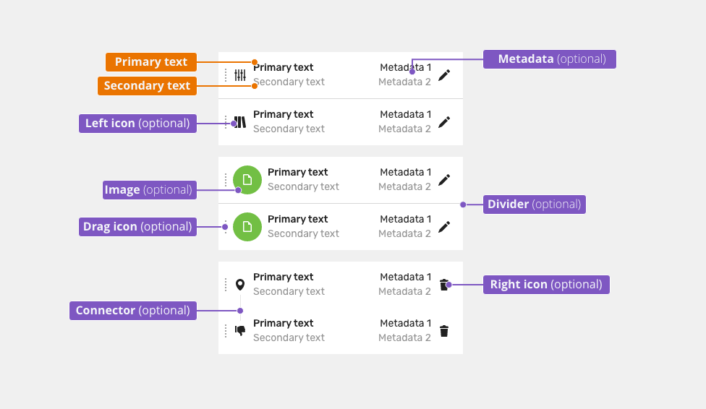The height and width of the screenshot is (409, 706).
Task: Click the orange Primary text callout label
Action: click(x=151, y=62)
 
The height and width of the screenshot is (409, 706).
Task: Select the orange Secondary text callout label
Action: click(x=148, y=85)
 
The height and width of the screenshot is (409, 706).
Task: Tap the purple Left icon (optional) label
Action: click(x=137, y=124)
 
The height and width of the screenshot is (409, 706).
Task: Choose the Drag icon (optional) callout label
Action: click(x=137, y=226)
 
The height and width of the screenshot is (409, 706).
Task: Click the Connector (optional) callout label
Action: click(x=133, y=311)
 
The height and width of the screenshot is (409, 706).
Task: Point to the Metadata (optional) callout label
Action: click(x=549, y=59)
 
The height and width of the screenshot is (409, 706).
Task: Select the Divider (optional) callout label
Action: click(x=535, y=204)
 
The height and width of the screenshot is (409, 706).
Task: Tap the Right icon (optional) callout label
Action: click(x=546, y=285)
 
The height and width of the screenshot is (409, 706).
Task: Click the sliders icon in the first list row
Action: click(x=240, y=74)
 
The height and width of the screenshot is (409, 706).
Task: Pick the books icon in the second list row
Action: click(x=240, y=122)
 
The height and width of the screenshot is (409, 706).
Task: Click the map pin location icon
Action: click(x=240, y=285)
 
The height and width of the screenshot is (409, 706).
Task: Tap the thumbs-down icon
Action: click(x=240, y=331)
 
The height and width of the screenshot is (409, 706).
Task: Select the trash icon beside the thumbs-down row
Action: click(x=444, y=331)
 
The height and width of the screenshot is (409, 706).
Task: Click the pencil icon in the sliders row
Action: click(x=444, y=75)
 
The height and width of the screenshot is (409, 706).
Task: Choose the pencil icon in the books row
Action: click(x=444, y=122)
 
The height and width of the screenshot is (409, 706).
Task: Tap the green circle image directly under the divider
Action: click(x=247, y=227)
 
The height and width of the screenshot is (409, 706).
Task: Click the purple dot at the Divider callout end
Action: click(x=463, y=204)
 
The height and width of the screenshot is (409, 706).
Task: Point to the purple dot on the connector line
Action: click(x=240, y=311)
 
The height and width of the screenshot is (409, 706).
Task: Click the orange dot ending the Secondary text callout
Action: click(x=255, y=86)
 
